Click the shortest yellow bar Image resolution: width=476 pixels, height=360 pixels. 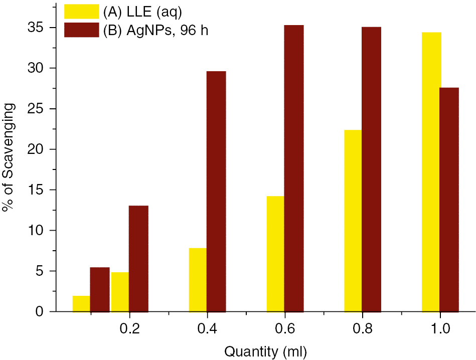click(81, 304)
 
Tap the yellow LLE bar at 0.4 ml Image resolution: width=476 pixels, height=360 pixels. click(198, 280)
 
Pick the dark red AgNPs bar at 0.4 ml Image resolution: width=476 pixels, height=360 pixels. click(216, 191)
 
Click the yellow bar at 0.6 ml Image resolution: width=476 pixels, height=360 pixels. click(275, 254)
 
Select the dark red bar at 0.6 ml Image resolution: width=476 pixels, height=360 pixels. click(294, 168)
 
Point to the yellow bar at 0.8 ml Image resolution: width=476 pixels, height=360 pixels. click(353, 221)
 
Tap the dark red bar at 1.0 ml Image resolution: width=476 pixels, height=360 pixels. click(449, 200)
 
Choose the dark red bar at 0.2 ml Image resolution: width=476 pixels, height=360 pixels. click(138, 258)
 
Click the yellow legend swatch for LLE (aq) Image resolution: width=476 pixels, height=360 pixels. click(81, 11)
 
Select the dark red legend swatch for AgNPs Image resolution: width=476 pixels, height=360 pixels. click(81, 30)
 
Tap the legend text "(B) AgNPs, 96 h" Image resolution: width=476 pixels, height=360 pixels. click(155, 30)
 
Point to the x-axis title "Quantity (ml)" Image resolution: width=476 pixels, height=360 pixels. click(265, 351)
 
